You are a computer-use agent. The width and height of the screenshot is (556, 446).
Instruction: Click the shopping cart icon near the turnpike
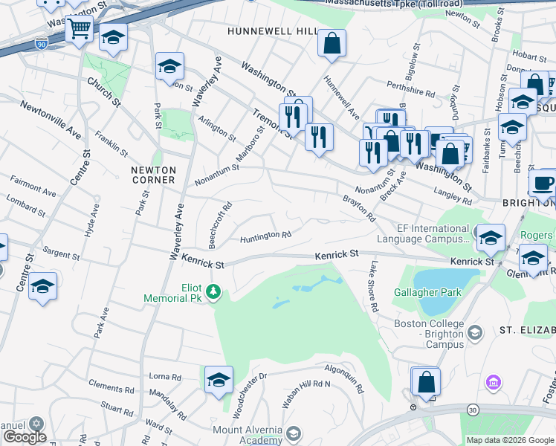pos(78,30)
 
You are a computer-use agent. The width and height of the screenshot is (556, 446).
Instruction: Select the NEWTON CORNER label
pos(153,175)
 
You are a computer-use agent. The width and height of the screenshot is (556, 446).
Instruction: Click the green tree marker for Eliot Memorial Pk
pos(214,291)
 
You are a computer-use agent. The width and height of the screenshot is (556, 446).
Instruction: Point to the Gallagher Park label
pos(427,292)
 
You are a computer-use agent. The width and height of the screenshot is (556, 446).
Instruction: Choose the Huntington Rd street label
pos(265,237)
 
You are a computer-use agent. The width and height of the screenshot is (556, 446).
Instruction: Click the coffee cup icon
pos(543,183)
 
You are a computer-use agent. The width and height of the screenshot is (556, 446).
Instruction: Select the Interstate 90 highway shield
pos(40,45)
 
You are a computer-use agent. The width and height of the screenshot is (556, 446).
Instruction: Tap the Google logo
pos(25,437)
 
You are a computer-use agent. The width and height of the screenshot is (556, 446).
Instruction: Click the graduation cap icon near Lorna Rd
pos(219,380)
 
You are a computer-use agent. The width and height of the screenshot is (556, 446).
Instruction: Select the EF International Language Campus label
pos(423,234)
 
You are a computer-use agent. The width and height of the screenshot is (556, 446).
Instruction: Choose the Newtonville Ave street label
pos(51,120)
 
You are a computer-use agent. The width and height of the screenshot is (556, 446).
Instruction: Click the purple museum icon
pos(491,382)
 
